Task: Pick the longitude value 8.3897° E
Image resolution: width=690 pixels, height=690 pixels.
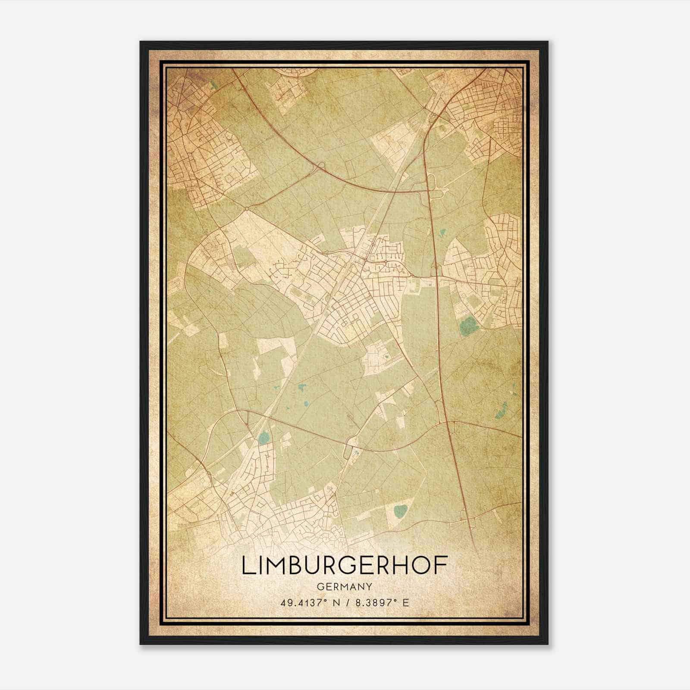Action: click(381, 602)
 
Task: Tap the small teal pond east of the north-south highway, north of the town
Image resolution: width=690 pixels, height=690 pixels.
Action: click(442, 235)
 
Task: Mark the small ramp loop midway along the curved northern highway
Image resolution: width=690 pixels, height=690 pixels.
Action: click(320, 166)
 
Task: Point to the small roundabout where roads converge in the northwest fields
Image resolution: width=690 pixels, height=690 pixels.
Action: click(246, 209)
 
